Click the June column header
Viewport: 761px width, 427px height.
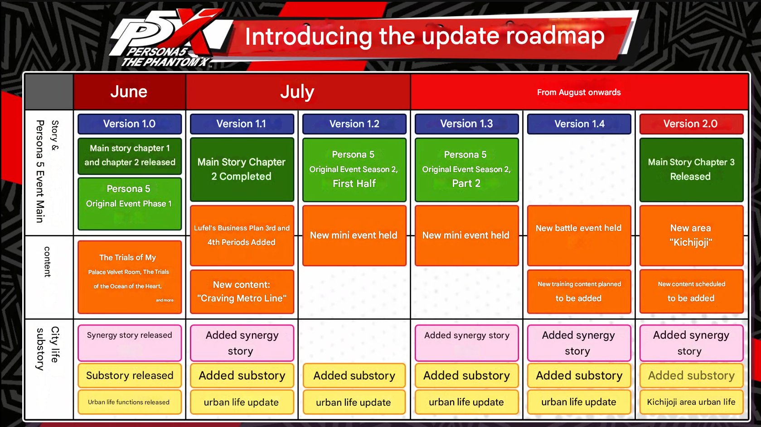[x=129, y=91]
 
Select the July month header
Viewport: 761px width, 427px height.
[x=298, y=91]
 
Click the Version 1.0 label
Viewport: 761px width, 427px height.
[x=130, y=124]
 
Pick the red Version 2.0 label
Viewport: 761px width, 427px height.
[x=691, y=124]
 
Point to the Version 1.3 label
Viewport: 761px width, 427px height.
[x=466, y=124]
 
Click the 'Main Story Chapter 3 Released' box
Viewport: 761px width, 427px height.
[x=691, y=170]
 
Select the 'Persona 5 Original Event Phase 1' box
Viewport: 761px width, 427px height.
[x=130, y=204]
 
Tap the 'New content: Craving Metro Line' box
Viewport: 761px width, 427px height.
[x=242, y=292]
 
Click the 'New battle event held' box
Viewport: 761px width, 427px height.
[x=579, y=235]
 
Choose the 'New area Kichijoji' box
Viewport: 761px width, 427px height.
[x=691, y=235]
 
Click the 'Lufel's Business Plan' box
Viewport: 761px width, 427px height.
[x=242, y=235]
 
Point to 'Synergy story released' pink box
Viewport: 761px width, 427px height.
[x=130, y=343]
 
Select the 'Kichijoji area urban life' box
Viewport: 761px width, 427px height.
[x=691, y=402]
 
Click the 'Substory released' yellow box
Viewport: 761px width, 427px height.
[x=130, y=375]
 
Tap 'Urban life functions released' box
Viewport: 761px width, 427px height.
[x=130, y=402]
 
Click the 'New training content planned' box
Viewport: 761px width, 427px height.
[x=579, y=292]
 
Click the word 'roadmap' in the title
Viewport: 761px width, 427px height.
[x=555, y=36]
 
